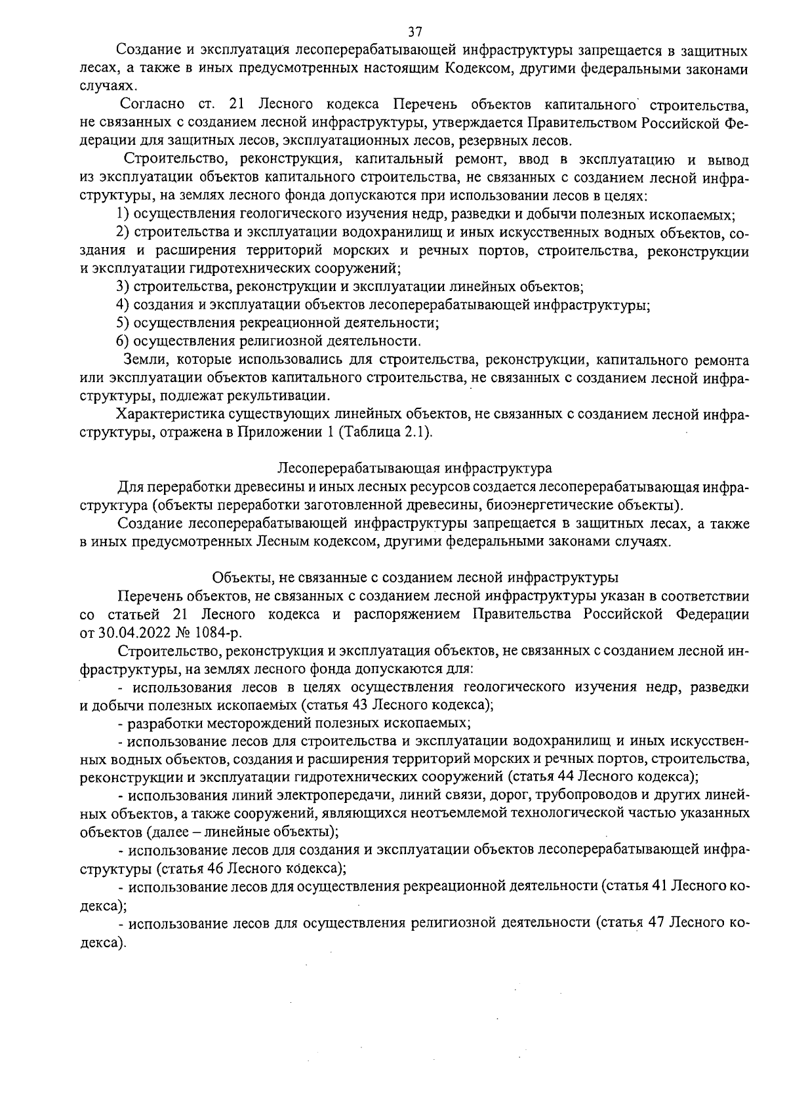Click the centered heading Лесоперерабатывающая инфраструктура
point(414,469)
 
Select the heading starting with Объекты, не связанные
point(414,577)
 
